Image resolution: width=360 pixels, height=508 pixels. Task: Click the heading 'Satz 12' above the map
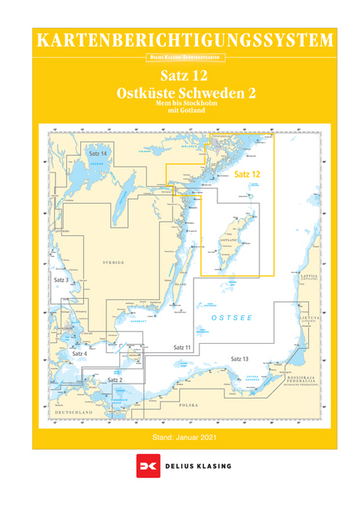click(184, 76)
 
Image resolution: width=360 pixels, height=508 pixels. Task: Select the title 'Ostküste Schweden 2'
click(184, 93)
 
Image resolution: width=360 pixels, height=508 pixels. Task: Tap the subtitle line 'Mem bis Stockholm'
click(184, 105)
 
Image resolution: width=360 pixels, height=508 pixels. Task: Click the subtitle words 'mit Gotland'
click(184, 113)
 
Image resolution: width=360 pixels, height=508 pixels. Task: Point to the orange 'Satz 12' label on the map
click(247, 174)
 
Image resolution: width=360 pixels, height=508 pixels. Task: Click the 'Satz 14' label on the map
click(97, 154)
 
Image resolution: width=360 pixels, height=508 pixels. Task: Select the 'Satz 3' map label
click(62, 279)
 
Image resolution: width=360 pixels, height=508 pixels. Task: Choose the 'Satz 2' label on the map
click(115, 380)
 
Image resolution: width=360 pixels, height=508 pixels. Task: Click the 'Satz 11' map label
click(182, 348)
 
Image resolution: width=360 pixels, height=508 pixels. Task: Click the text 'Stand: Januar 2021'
click(184, 437)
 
